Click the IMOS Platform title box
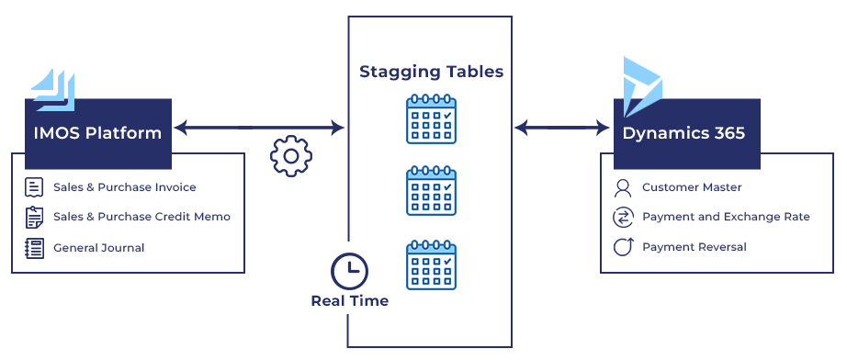click(x=98, y=133)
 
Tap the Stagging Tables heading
click(x=431, y=72)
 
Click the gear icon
click(x=291, y=156)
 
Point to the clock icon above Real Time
click(x=349, y=272)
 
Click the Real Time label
click(x=349, y=301)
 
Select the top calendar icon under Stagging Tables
click(x=431, y=118)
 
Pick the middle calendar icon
click(x=431, y=190)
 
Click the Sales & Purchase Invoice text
click(x=124, y=187)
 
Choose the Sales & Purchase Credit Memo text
click(x=141, y=217)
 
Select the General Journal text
click(x=98, y=247)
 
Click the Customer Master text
click(x=692, y=187)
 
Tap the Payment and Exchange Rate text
click(x=726, y=217)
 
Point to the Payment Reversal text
click(x=694, y=247)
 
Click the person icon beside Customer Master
click(x=623, y=187)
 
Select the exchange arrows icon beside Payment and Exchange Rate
click(x=623, y=218)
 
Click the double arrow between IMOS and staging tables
click(x=259, y=128)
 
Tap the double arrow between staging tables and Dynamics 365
click(x=563, y=128)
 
